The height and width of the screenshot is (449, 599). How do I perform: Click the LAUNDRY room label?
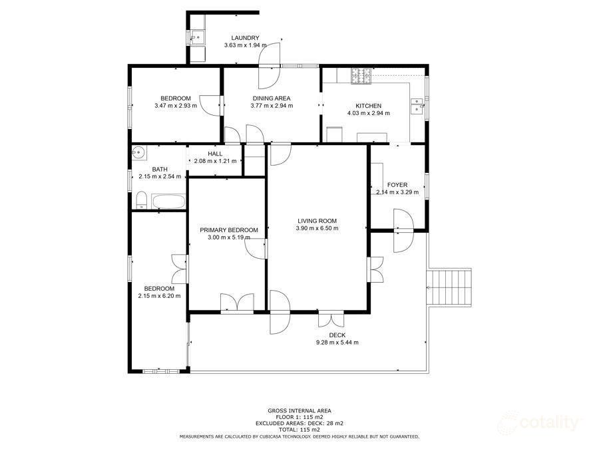point(245,38)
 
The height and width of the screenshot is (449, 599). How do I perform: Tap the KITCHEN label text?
point(368,106)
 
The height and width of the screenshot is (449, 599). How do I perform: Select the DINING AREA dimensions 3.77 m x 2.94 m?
point(271,106)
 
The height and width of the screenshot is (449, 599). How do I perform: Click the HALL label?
point(215,154)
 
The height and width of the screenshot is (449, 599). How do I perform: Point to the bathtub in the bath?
point(168,202)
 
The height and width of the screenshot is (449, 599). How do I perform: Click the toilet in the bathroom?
point(141,200)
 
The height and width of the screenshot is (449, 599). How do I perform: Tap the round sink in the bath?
point(138,153)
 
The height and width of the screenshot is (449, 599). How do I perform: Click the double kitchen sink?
point(417,106)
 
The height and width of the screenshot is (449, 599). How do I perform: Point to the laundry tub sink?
point(198,38)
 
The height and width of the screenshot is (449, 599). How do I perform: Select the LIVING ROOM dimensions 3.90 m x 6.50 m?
point(317,228)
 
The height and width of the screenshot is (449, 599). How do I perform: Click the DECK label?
point(337,335)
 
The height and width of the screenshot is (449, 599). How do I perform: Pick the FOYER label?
point(397,185)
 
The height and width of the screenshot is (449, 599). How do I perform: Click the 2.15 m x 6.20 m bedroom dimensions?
point(159,296)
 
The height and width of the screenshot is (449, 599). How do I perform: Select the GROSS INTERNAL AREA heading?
point(299,410)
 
